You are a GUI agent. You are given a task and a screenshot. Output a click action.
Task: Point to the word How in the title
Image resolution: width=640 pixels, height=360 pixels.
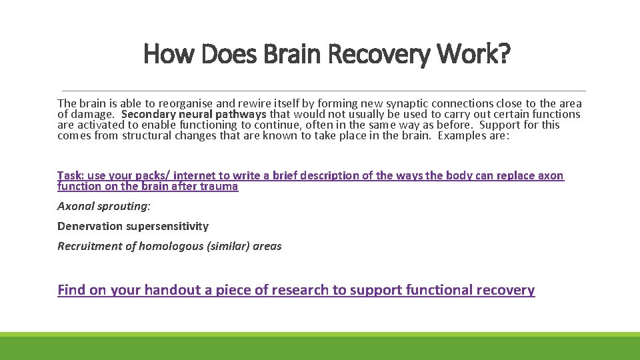168,54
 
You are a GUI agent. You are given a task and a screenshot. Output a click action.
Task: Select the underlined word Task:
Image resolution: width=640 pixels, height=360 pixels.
70,176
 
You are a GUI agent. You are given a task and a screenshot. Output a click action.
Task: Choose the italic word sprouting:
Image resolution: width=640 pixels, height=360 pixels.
125,206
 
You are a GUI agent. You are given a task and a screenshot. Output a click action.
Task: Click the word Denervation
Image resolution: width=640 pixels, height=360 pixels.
90,226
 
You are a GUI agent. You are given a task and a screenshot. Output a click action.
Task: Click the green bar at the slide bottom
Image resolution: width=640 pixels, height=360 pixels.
320,347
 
